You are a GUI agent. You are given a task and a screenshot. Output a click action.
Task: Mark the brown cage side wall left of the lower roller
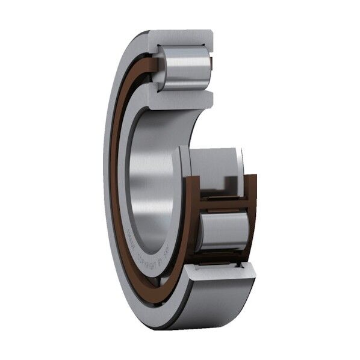[196, 226]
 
